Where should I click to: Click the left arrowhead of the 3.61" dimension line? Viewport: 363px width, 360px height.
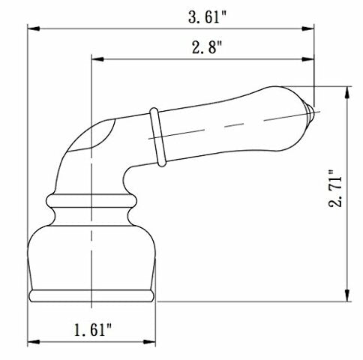coord(32,29)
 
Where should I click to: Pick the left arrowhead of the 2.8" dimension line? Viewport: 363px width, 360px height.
coord(95,62)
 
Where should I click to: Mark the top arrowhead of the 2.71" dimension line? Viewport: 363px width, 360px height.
coord(346,90)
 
